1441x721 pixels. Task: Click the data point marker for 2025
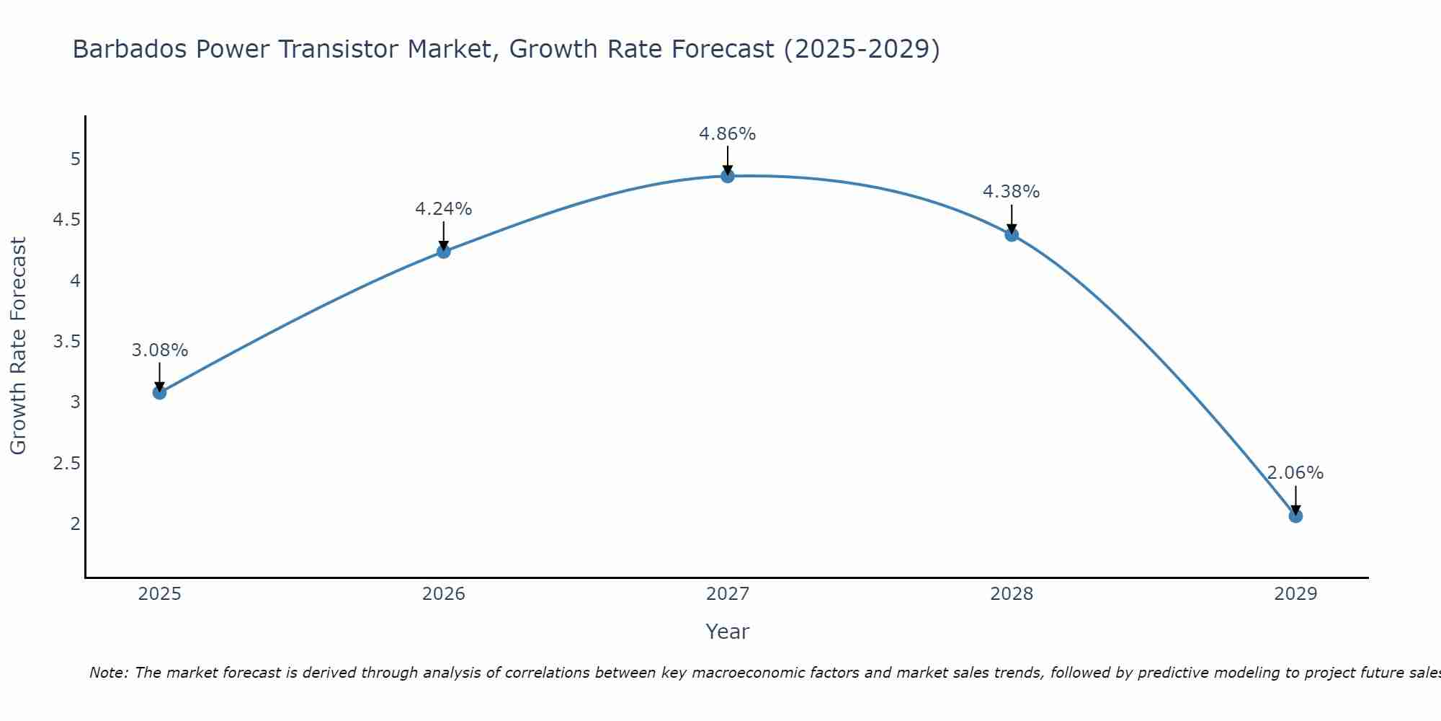pos(159,392)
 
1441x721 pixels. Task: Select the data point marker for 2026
pos(443,251)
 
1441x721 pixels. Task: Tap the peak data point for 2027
pos(727,176)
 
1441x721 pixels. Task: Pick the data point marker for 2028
pos(1011,234)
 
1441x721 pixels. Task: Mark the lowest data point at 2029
pos(1295,516)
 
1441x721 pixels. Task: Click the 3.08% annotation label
pos(159,350)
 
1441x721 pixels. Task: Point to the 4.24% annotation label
pos(443,209)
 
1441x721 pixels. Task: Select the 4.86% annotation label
pos(727,134)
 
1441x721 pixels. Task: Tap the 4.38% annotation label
pos(1011,192)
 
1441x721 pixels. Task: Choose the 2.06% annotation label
pos(1295,473)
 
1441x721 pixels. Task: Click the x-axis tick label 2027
pos(727,594)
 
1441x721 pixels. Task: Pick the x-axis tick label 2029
pos(1295,594)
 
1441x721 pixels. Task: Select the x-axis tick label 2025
pos(159,594)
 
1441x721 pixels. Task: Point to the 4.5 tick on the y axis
pos(66,219)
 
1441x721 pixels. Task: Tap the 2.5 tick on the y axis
pos(66,463)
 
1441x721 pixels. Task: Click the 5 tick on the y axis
pos(75,159)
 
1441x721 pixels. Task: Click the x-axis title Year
pos(727,632)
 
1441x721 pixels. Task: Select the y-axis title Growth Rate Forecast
pos(19,346)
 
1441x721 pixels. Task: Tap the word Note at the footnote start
pos(107,673)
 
